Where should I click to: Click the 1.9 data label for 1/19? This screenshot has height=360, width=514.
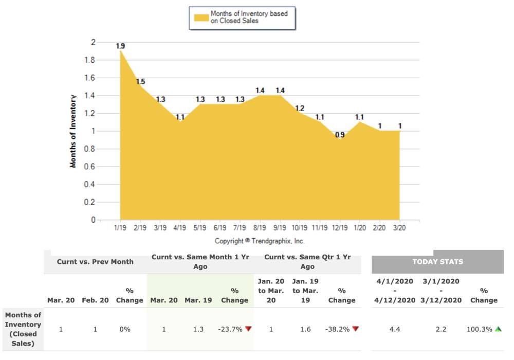[120, 46]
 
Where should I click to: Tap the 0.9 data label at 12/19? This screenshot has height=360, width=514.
[340, 135]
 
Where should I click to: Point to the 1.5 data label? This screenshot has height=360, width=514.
[140, 82]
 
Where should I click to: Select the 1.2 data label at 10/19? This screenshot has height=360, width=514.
[300, 108]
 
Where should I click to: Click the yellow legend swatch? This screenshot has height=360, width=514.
[201, 18]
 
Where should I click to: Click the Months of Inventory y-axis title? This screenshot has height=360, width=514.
[74, 131]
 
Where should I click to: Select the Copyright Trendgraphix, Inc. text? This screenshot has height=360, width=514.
[260, 241]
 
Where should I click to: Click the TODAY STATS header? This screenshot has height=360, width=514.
[437, 262]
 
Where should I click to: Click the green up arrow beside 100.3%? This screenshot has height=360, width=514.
[498, 329]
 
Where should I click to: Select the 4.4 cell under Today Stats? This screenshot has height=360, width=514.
[395, 329]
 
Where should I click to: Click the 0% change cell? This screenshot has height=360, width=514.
[125, 329]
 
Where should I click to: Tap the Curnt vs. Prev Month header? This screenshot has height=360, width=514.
[95, 262]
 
